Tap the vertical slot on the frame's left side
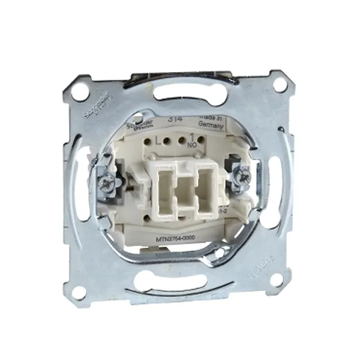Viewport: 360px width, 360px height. tap(76, 180)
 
